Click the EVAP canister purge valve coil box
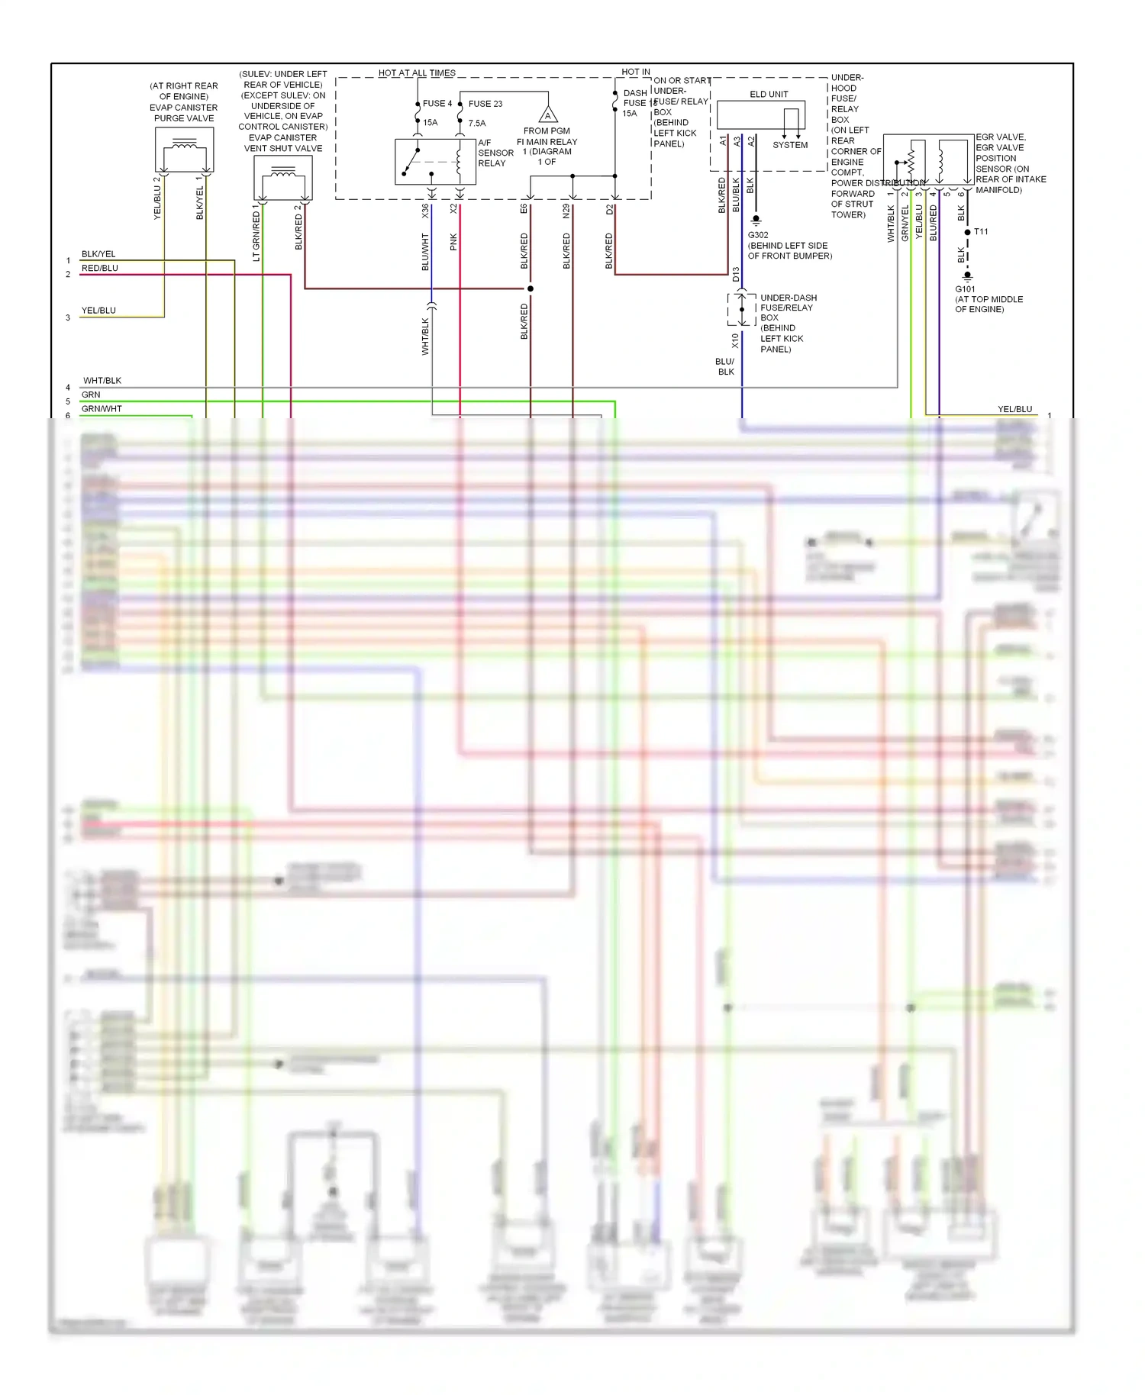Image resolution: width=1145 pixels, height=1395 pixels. click(184, 150)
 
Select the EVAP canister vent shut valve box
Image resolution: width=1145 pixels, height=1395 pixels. click(282, 179)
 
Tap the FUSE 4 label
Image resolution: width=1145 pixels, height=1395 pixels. click(437, 104)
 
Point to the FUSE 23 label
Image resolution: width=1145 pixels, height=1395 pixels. click(485, 104)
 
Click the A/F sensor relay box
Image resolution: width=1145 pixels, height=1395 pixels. click(435, 162)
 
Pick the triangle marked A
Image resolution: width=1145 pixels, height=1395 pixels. click(548, 116)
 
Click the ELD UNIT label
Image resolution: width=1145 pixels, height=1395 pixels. click(769, 95)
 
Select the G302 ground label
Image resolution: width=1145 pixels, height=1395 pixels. click(758, 235)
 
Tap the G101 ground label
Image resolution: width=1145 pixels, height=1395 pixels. click(965, 289)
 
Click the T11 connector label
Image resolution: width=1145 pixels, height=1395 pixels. click(981, 232)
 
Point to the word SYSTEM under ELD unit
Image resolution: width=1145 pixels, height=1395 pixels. click(790, 145)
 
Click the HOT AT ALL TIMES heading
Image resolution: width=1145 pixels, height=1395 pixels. click(417, 73)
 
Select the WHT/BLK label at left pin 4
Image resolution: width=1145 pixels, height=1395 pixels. click(102, 381)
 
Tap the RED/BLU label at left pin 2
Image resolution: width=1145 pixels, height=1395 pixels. click(100, 269)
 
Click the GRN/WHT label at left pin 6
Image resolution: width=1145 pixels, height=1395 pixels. click(102, 409)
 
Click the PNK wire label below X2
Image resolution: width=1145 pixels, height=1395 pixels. click(453, 242)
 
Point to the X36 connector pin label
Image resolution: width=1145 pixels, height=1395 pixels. click(425, 211)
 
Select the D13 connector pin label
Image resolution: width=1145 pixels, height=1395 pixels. click(736, 274)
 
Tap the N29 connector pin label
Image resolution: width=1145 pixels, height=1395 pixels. click(566, 211)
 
